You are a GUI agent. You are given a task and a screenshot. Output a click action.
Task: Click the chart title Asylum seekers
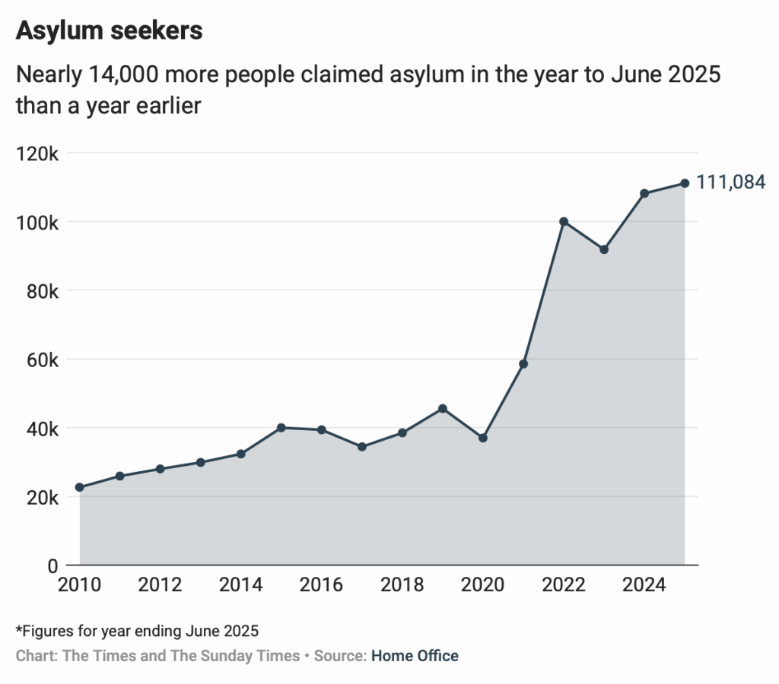click(x=109, y=30)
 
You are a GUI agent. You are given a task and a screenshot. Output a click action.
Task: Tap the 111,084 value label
click(x=730, y=182)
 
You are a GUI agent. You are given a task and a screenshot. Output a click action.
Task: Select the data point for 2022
click(x=564, y=221)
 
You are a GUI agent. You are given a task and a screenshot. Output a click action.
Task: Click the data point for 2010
click(x=80, y=487)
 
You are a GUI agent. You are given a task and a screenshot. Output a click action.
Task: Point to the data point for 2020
click(x=483, y=438)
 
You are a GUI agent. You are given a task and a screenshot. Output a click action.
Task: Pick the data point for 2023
click(x=604, y=249)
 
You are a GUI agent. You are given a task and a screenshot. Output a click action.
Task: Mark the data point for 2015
click(x=281, y=428)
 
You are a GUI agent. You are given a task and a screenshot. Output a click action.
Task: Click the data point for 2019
click(x=443, y=408)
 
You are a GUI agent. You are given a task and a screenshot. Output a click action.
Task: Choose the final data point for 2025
click(x=685, y=183)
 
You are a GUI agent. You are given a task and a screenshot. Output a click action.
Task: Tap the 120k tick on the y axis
click(x=37, y=154)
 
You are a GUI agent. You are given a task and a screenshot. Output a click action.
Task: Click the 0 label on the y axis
click(x=52, y=565)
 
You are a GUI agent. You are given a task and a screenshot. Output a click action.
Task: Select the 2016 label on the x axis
click(x=322, y=585)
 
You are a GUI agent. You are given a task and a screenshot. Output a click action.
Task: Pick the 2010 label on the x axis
click(x=80, y=585)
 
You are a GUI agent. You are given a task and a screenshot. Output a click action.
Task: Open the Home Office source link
click(x=415, y=655)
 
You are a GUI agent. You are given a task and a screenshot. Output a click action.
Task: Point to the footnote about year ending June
click(x=137, y=631)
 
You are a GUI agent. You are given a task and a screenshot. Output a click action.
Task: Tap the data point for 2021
click(x=523, y=364)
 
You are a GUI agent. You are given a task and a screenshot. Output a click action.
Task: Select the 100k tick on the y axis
click(x=37, y=222)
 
